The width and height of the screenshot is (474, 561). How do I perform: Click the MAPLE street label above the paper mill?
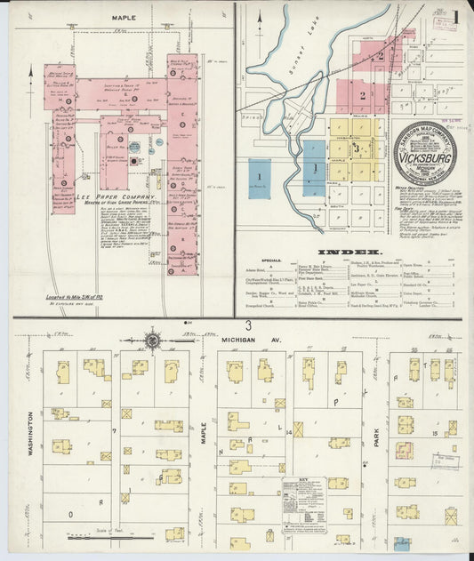(125, 17)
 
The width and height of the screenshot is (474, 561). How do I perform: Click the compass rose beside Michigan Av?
(153, 339)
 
